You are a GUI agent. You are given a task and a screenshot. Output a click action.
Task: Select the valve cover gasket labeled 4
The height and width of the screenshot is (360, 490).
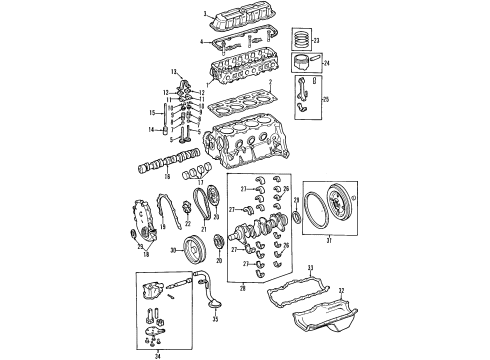(240, 45)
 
